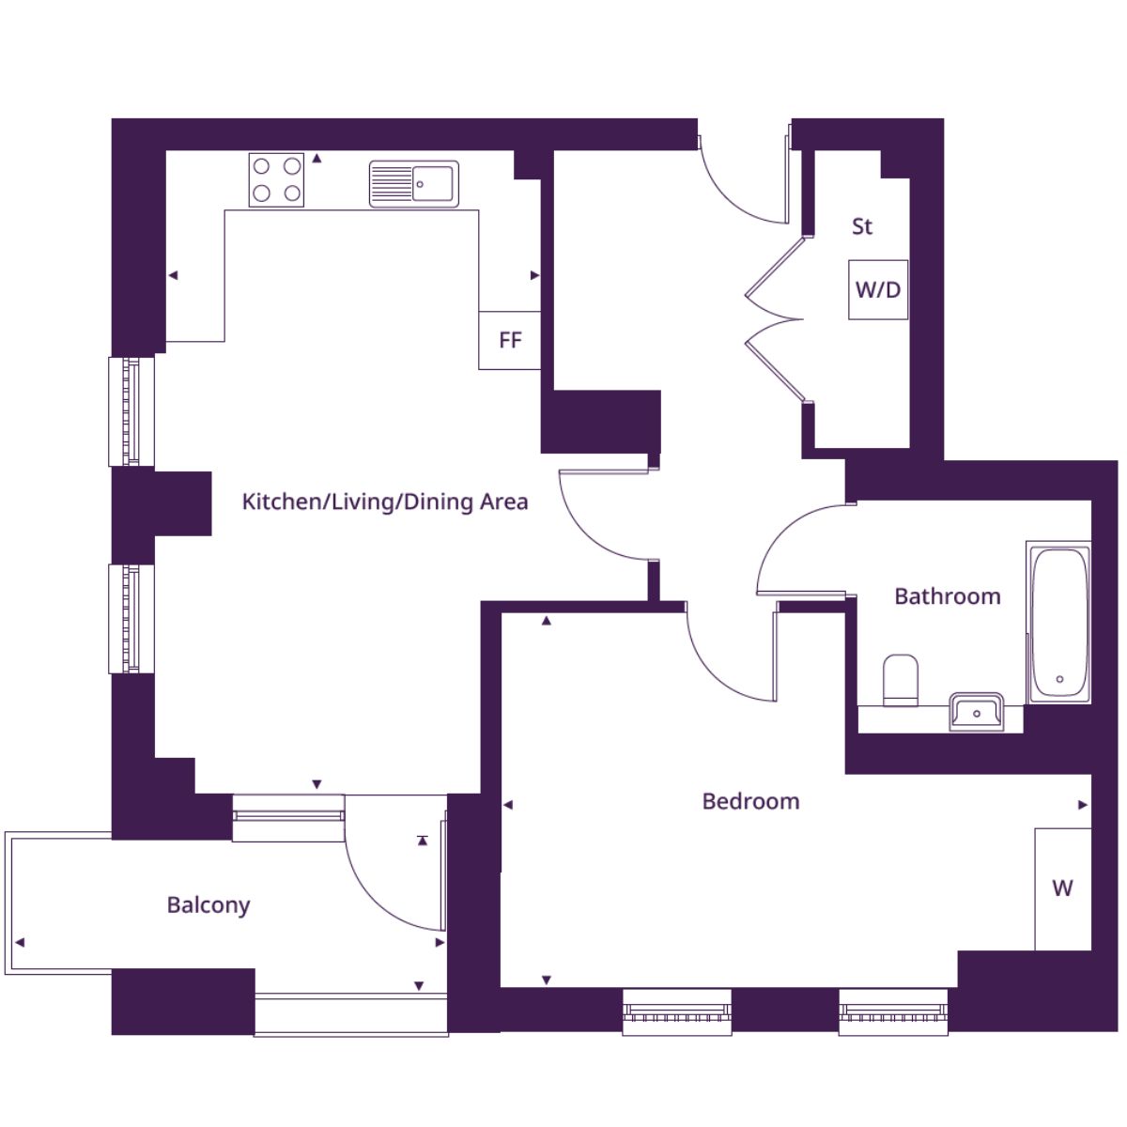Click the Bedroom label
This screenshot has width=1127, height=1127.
click(x=750, y=801)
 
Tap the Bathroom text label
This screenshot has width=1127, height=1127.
click(x=948, y=596)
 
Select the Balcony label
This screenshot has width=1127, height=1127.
click(x=208, y=905)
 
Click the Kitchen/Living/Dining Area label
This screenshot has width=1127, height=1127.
click(x=385, y=502)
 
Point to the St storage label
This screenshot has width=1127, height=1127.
click(x=862, y=226)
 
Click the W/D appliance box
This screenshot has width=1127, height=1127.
click(x=878, y=289)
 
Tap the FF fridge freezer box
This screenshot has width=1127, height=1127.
click(x=509, y=340)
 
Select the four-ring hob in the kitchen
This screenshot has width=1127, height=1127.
click(x=277, y=179)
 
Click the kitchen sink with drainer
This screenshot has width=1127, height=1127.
click(x=414, y=184)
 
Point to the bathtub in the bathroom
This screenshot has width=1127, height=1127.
click(x=1059, y=623)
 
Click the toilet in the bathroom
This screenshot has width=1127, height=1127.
click(x=900, y=680)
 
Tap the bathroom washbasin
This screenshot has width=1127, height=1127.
click(x=976, y=712)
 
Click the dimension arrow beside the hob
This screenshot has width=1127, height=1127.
click(x=316, y=159)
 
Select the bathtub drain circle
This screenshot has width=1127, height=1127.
click(x=1059, y=679)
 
